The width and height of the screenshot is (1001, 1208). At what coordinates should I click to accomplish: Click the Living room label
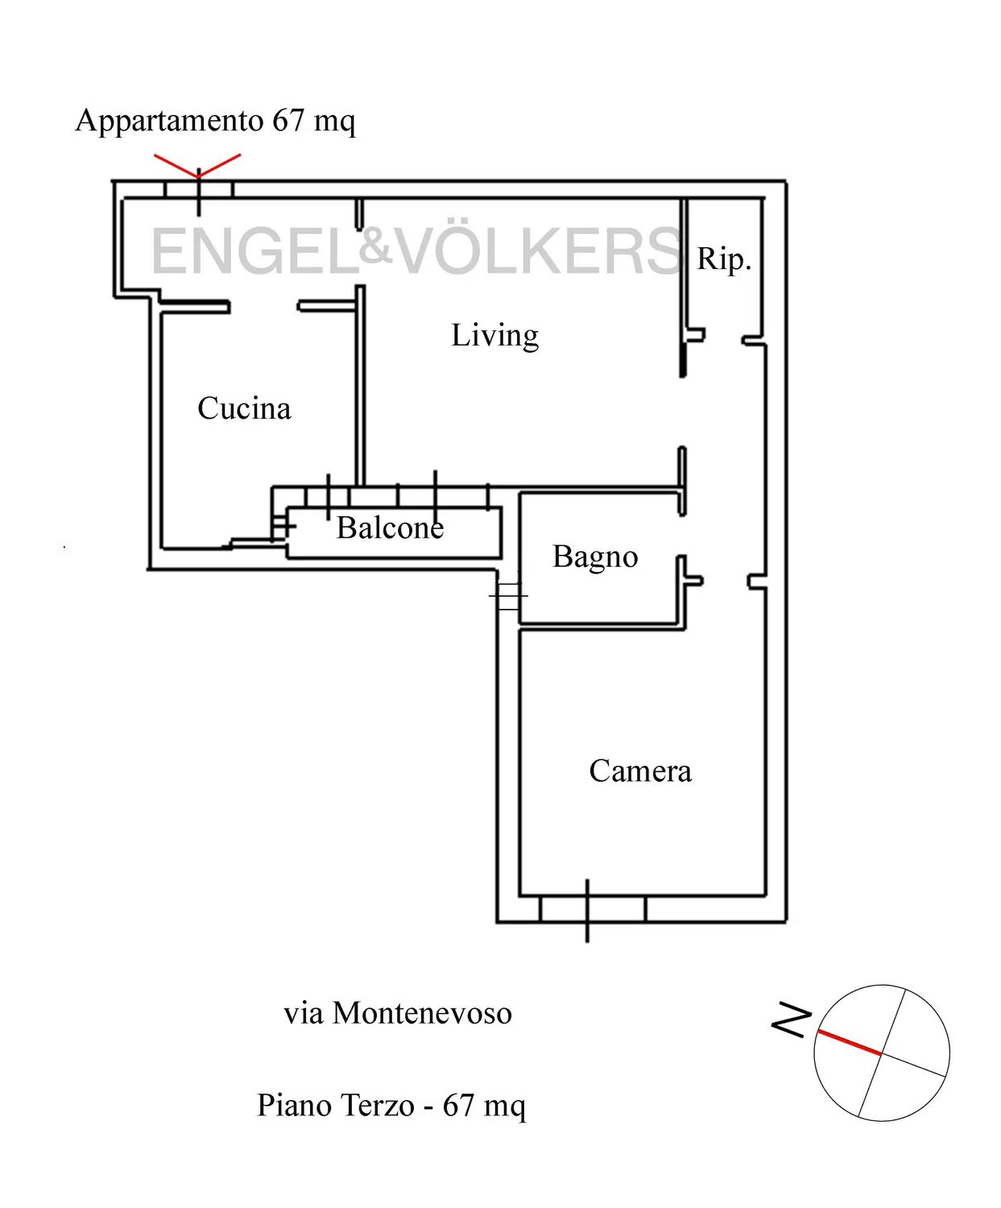click(494, 336)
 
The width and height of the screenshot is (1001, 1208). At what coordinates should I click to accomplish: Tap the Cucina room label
click(243, 408)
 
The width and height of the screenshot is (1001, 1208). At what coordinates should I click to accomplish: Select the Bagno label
click(595, 558)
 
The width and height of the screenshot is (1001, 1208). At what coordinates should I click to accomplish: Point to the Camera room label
click(640, 772)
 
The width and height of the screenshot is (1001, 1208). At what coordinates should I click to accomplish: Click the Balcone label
click(390, 527)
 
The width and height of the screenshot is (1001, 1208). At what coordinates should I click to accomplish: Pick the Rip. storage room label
click(724, 260)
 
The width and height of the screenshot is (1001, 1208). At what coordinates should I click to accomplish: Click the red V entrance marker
click(197, 166)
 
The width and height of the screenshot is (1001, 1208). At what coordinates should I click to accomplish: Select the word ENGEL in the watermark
click(255, 251)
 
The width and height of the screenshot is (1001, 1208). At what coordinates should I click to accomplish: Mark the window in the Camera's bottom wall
click(593, 909)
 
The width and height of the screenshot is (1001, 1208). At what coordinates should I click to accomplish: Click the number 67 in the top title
click(288, 120)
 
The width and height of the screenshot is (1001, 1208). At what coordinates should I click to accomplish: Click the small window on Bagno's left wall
click(509, 595)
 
